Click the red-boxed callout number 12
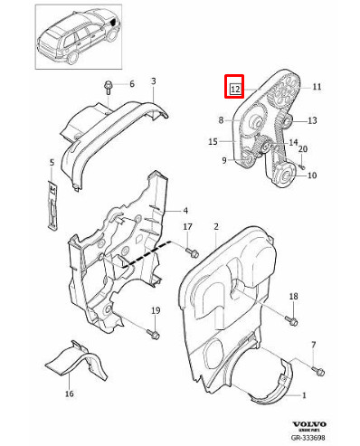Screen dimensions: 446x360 (x=235, y=89)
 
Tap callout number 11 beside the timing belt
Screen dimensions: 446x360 (x=317, y=87)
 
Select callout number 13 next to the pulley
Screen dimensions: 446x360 (x=312, y=120)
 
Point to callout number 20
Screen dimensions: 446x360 (x=304, y=148)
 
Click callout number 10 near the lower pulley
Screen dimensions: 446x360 (x=312, y=176)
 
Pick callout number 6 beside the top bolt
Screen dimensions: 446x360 (x=131, y=84)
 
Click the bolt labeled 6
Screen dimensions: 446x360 (x=109, y=89)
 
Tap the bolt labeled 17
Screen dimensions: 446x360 (x=193, y=250)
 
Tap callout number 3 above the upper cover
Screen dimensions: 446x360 (x=153, y=81)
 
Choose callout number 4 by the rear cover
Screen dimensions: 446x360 (x=185, y=210)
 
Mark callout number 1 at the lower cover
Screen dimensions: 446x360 (x=304, y=395)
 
